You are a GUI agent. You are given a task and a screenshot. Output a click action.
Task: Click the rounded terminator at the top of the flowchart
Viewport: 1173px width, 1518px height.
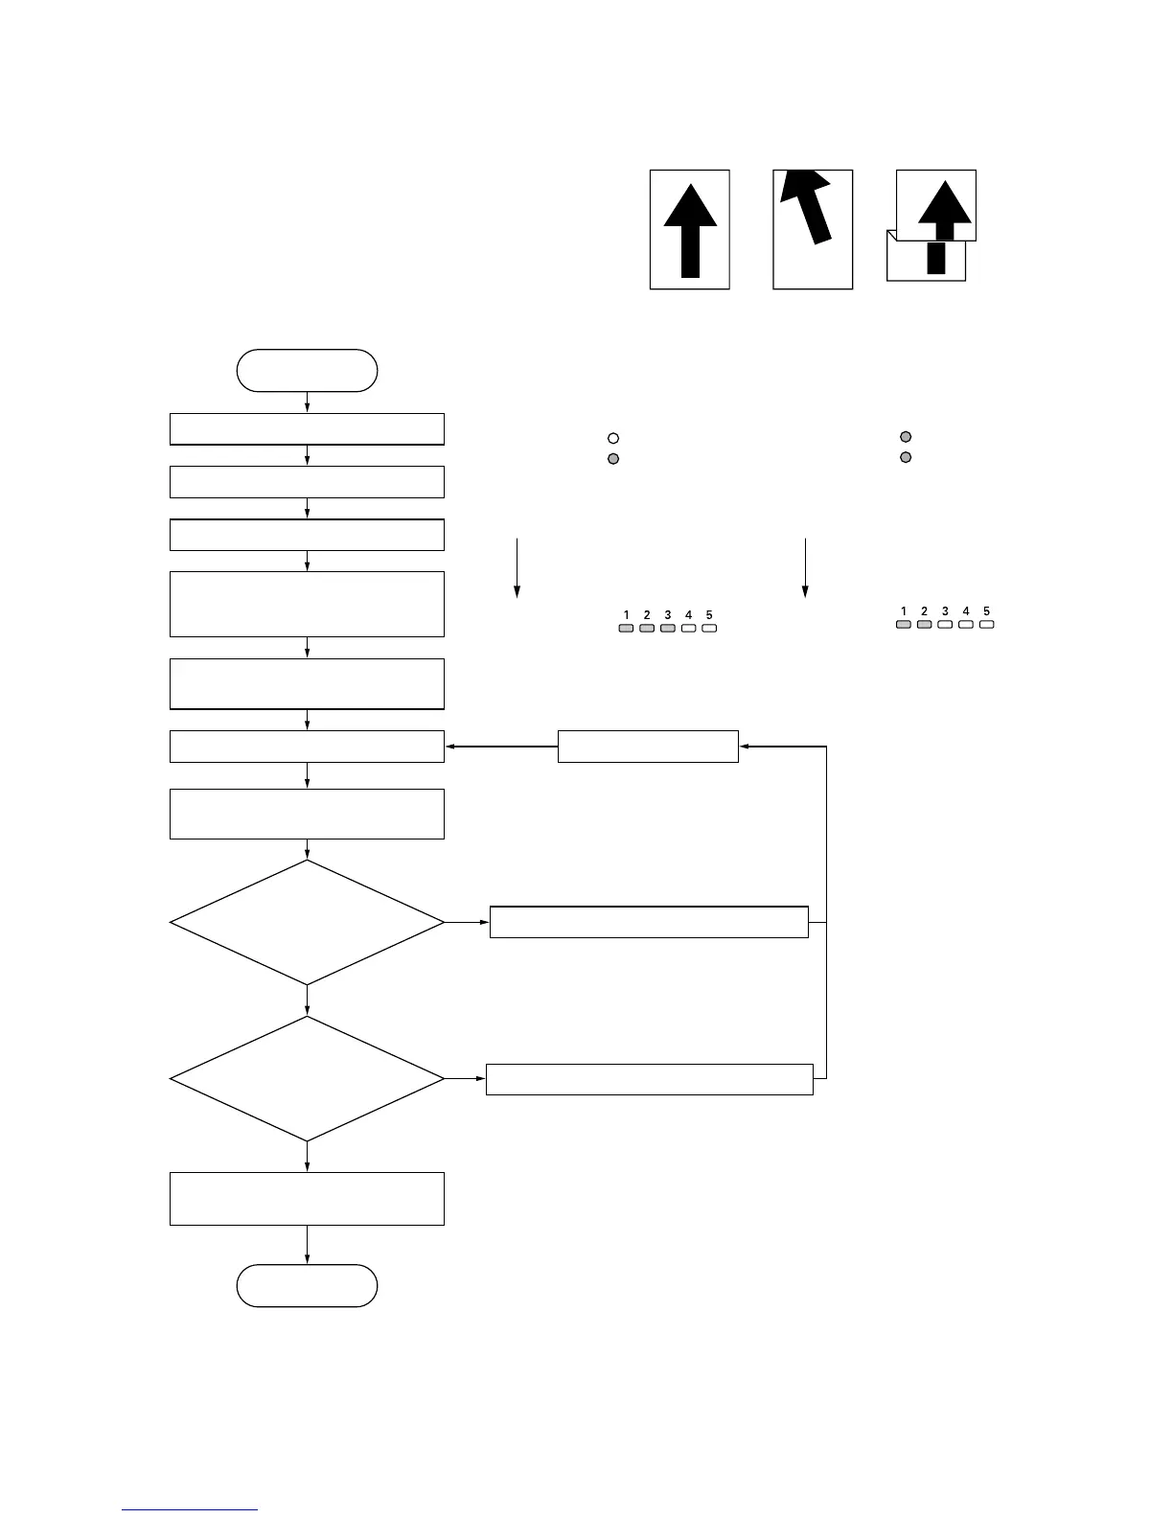(x=307, y=371)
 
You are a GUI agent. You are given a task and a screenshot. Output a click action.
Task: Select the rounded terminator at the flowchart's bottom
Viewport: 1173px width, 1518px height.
(x=307, y=1285)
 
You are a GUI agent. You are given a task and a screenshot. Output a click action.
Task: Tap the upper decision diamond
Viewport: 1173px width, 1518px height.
(x=307, y=922)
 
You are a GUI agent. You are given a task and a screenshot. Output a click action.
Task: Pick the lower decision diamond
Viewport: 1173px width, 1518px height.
(x=307, y=1079)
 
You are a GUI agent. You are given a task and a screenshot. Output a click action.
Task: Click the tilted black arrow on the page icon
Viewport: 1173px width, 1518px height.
(x=807, y=206)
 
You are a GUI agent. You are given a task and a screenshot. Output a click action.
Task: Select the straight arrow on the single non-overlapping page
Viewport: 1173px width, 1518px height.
(x=690, y=230)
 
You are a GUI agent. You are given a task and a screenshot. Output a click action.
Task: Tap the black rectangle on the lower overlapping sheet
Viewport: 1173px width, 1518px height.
(x=936, y=258)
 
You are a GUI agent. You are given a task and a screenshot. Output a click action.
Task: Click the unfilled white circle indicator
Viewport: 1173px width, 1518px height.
(x=613, y=438)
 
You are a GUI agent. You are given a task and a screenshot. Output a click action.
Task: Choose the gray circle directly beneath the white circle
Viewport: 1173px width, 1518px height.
(x=613, y=459)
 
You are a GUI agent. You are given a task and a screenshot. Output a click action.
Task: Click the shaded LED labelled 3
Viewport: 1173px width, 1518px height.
(x=668, y=629)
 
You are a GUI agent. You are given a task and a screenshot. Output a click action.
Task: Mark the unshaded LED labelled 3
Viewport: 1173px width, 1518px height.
(x=945, y=625)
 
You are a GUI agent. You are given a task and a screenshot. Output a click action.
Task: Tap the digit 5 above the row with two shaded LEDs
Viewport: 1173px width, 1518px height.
(x=986, y=611)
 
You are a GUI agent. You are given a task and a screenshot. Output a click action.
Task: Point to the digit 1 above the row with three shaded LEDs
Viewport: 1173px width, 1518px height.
(x=627, y=615)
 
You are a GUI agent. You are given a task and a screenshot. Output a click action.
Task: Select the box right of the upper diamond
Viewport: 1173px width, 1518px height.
(x=649, y=922)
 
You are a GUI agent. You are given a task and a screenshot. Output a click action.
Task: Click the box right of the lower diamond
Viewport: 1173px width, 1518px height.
(x=649, y=1079)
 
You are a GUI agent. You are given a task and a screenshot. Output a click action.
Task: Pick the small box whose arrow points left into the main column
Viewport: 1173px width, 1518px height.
(x=648, y=747)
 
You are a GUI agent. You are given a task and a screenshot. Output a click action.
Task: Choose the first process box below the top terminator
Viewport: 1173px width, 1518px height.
(x=307, y=429)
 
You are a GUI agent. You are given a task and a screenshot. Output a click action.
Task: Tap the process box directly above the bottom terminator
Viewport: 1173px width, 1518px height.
(x=307, y=1198)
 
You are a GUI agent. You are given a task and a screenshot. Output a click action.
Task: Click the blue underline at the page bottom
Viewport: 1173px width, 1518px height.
(x=190, y=1510)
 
